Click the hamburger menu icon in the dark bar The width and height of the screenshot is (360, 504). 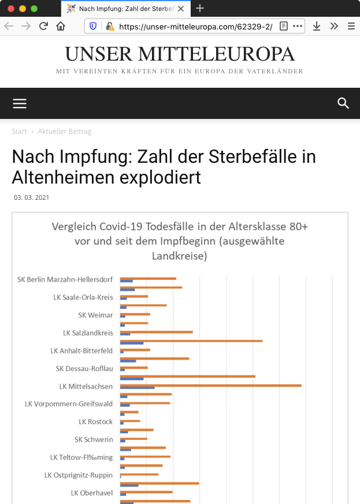coord(20,103)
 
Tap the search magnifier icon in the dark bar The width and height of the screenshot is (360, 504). coord(343,103)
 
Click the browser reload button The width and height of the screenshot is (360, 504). coord(43,26)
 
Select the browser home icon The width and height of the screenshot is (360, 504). coord(61,26)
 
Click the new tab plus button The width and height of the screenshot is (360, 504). coord(200,8)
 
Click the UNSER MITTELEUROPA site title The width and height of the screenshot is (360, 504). coord(180,54)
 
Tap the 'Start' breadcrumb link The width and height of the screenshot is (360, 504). coord(19,132)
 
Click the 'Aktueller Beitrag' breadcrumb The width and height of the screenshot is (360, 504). coord(65,132)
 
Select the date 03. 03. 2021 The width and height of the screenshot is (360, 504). coord(32,197)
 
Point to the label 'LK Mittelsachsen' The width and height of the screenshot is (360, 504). coord(86,386)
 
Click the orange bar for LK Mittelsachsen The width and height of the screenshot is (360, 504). coord(210,385)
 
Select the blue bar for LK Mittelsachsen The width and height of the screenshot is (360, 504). coord(137,388)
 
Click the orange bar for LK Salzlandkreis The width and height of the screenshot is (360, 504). coord(156,332)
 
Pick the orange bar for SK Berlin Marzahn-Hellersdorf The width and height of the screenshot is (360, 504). coord(148,278)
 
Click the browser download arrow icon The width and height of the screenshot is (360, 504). coord(317,26)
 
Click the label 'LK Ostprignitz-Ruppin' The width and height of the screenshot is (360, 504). coord(79,475)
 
